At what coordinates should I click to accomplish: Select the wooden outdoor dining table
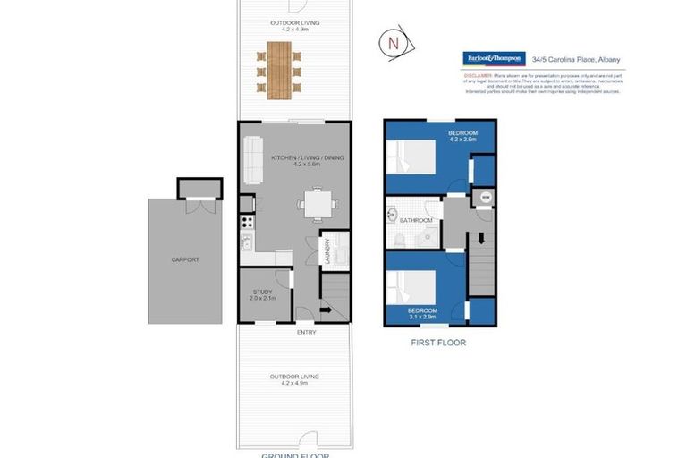pyautogui.click(x=279, y=70)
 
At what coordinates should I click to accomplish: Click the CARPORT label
pyautogui.click(x=185, y=259)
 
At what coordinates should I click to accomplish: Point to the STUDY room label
pyautogui.click(x=261, y=292)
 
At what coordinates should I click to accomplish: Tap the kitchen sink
pyautogui.click(x=245, y=242)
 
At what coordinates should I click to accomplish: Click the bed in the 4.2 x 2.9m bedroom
pyautogui.click(x=410, y=158)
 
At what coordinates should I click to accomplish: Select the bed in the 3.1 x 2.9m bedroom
pyautogui.click(x=410, y=287)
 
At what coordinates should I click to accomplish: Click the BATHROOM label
pyautogui.click(x=416, y=220)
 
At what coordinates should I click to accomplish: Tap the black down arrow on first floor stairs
pyautogui.click(x=482, y=239)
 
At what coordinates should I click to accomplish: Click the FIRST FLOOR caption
pyautogui.click(x=438, y=342)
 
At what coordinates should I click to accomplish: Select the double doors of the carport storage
pyautogui.click(x=198, y=206)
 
